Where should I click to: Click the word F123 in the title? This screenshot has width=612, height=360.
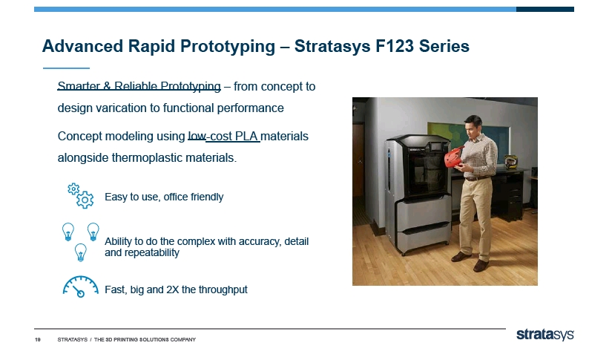click(394, 46)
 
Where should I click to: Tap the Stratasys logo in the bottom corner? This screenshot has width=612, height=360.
click(545, 334)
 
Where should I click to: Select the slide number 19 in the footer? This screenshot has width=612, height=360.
click(38, 340)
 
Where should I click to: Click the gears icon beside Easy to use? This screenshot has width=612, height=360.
click(80, 195)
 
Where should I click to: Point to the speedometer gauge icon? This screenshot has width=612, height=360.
click(80, 287)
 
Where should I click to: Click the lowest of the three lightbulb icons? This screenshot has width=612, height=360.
click(80, 252)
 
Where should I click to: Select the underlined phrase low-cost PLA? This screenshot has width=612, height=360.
click(223, 137)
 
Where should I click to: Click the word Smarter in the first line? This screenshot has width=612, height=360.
click(79, 86)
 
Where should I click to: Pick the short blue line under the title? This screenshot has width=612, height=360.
click(66, 68)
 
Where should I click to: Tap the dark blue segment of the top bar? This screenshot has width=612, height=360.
click(545, 9)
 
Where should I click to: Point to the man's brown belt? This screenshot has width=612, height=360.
click(476, 178)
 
